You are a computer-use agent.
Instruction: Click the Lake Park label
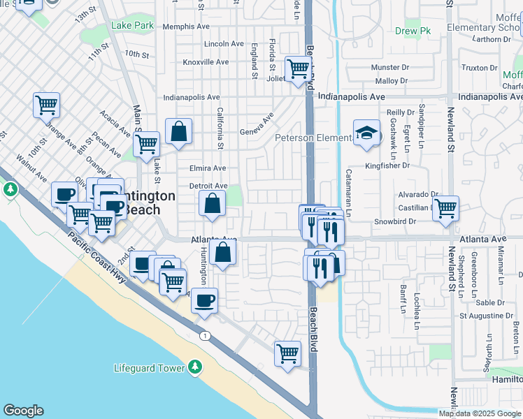[132, 26]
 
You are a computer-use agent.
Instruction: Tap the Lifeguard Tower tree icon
[195, 367]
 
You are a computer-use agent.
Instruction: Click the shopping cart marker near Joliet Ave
[299, 68]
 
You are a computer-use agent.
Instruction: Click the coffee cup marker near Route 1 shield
[204, 300]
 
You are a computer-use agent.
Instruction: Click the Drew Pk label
[413, 31]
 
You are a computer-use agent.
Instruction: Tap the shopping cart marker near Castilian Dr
[445, 208]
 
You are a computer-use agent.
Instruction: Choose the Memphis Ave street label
[185, 27]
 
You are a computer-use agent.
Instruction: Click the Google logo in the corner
[23, 411]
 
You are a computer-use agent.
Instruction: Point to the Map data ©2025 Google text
[480, 413]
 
